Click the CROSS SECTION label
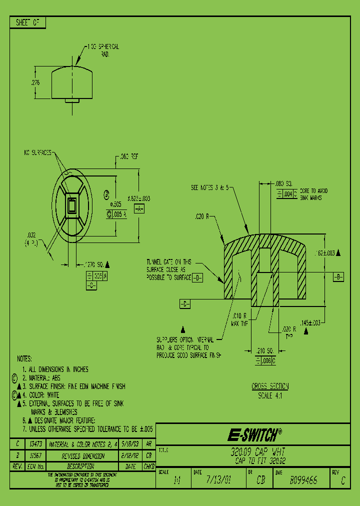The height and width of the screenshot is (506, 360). point(270,386)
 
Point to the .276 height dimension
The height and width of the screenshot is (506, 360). point(35,82)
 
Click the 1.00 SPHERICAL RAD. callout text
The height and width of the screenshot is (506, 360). point(103,49)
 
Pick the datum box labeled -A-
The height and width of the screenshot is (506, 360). point(138,208)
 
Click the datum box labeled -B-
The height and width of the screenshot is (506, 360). point(338,276)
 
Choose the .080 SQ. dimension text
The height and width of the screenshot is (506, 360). point(284,183)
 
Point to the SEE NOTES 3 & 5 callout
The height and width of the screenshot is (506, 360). point(212,188)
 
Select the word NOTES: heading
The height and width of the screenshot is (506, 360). point(24,359)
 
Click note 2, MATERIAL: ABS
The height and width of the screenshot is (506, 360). point(44,378)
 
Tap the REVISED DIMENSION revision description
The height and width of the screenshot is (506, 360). point(83,456)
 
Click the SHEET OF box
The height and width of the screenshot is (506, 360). point(28,22)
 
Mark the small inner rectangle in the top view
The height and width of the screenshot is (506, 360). point(72,204)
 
